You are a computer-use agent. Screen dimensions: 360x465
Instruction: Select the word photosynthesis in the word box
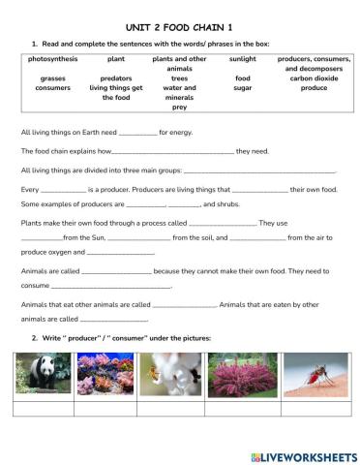[x=52, y=59]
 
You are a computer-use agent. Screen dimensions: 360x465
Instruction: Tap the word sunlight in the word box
[x=243, y=59]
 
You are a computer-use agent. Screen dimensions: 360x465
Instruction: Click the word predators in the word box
[x=116, y=78]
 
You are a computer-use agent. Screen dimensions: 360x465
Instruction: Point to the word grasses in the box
[x=52, y=78]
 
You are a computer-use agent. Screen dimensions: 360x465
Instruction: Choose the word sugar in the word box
[x=243, y=88]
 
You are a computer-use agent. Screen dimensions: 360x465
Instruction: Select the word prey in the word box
[x=179, y=108]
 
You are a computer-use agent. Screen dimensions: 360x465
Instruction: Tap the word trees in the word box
[x=179, y=78]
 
